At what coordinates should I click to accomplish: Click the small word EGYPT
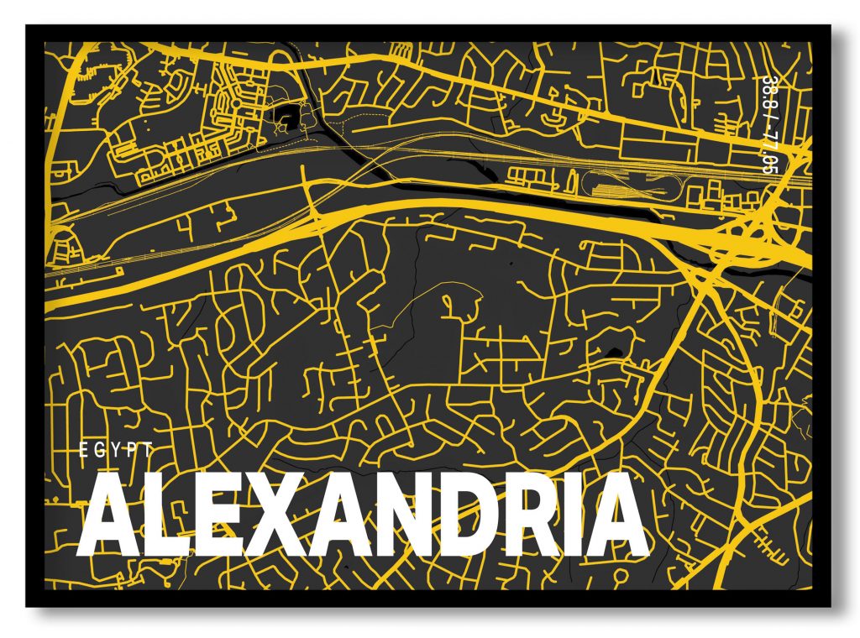(116, 450)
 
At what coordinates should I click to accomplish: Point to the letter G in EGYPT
(99, 450)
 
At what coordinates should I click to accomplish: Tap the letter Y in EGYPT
(116, 450)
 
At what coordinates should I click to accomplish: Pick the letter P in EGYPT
(132, 450)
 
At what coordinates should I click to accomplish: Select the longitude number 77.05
(768, 151)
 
